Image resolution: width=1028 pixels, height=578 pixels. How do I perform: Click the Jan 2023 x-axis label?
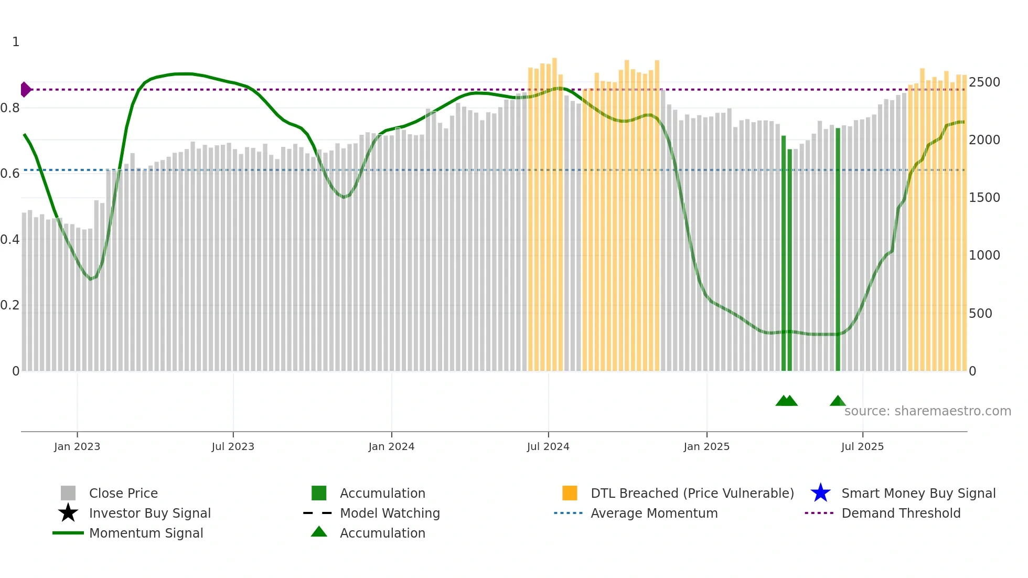[77, 446]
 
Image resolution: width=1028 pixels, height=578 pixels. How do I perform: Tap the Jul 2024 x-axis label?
[548, 446]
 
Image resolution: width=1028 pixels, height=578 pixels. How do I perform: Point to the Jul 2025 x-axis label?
[862, 446]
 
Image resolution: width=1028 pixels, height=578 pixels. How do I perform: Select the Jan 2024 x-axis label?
[391, 446]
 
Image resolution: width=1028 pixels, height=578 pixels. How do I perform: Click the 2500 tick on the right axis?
[984, 82]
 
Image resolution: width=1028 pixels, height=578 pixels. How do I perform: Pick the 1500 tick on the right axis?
[984, 198]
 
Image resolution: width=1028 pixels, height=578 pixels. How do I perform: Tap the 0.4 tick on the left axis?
[10, 240]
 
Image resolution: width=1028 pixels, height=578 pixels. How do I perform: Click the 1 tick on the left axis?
[16, 42]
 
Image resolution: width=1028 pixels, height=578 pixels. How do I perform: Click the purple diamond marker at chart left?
[25, 90]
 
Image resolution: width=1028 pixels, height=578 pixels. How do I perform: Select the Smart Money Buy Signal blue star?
[820, 493]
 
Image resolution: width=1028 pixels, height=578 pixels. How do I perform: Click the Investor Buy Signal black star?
[68, 513]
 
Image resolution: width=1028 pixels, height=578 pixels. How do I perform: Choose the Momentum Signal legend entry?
[146, 533]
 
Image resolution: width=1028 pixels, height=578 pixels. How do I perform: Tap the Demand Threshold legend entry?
[901, 513]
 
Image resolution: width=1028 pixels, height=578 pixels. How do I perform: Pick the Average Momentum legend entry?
[654, 513]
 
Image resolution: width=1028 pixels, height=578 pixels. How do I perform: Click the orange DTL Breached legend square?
[570, 493]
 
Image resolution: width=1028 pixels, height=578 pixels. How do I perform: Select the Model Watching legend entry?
[390, 513]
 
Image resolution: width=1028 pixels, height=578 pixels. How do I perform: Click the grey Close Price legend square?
[68, 493]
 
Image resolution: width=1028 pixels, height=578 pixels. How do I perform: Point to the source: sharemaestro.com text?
[927, 411]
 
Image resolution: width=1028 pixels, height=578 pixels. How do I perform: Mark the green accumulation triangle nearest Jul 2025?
[838, 401]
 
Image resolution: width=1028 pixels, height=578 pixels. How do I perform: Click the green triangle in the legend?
[319, 532]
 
